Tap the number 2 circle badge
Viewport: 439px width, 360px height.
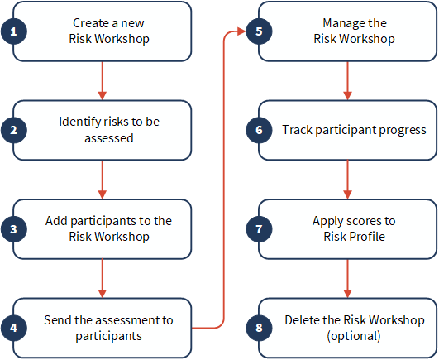pyautogui.click(x=13, y=130)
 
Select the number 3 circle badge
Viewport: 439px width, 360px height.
pyautogui.click(x=13, y=228)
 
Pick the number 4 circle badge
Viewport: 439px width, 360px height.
pyautogui.click(x=13, y=327)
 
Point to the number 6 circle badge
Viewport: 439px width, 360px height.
pyautogui.click(x=258, y=130)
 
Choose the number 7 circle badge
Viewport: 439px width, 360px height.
pyautogui.click(x=258, y=228)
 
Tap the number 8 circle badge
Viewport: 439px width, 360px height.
pyautogui.click(x=258, y=327)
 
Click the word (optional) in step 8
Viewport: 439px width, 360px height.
pyautogui.click(x=354, y=335)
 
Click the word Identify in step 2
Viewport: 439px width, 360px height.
pyautogui.click(x=79, y=122)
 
